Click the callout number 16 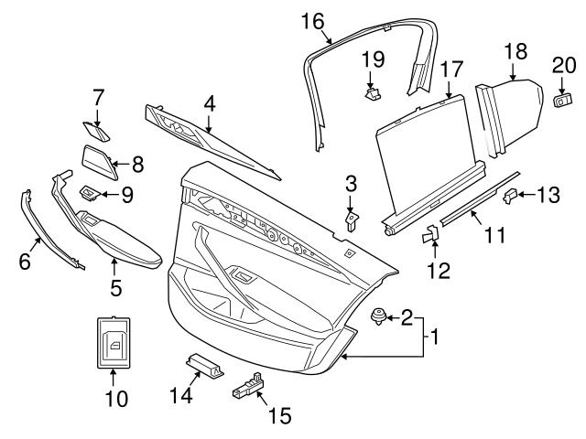(x=312, y=19)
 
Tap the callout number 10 (x=115, y=399)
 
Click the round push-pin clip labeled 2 (x=375, y=317)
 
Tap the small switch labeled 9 (x=90, y=192)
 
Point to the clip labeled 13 (x=514, y=193)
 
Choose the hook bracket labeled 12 (x=431, y=236)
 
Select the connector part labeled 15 (x=249, y=385)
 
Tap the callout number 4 (x=210, y=104)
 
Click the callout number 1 (x=435, y=337)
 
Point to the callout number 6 (x=25, y=262)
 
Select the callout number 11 (x=494, y=236)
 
